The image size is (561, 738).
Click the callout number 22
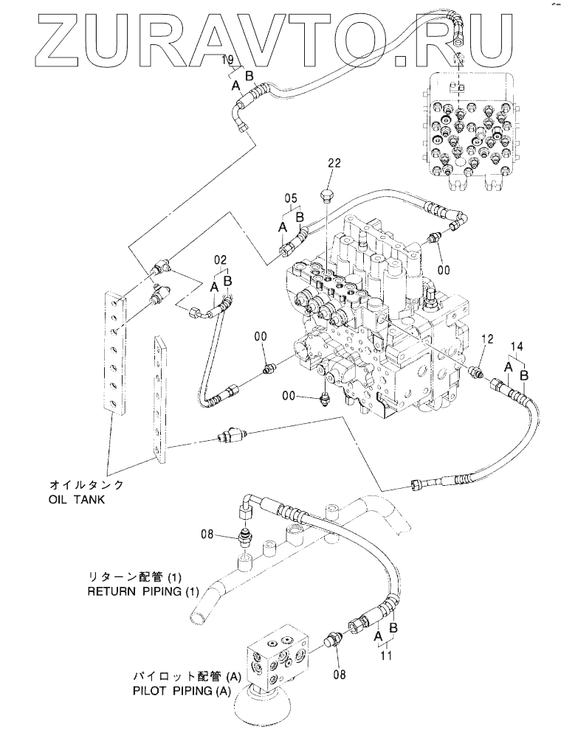[x=334, y=163]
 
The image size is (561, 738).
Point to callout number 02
[x=221, y=260]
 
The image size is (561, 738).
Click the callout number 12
[x=488, y=338]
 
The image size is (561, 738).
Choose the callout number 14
[x=517, y=347]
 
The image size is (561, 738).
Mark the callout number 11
[x=386, y=655]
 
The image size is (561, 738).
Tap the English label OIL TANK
[x=77, y=499]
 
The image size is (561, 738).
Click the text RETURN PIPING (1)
[x=143, y=591]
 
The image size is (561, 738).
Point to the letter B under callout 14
[x=524, y=375]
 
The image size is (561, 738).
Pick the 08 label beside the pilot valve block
[x=340, y=675]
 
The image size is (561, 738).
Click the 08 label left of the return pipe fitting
[x=207, y=534]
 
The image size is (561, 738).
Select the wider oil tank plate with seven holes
[x=115, y=353]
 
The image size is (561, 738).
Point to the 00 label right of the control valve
[x=444, y=270]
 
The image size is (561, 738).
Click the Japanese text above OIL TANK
[x=87, y=485]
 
